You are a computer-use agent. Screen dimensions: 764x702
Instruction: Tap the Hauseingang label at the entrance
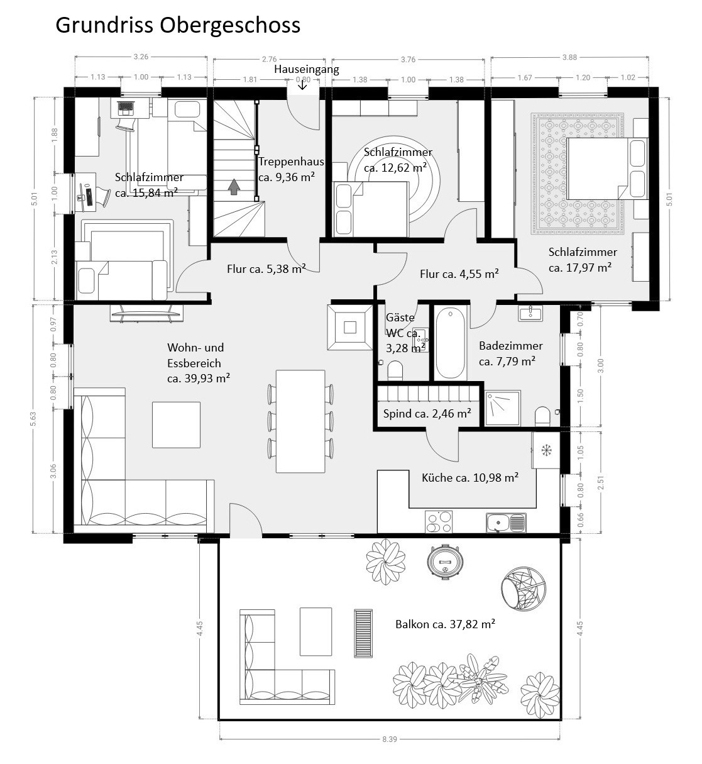click(x=306, y=69)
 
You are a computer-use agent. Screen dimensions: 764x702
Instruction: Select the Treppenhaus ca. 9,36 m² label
click(x=287, y=169)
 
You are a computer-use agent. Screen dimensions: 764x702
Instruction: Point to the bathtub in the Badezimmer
click(x=451, y=343)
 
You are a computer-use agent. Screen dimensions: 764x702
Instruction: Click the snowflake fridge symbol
click(x=545, y=450)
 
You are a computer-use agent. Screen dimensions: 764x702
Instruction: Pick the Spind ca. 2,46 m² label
click(x=427, y=413)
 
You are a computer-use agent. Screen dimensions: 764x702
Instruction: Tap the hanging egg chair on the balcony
click(x=519, y=587)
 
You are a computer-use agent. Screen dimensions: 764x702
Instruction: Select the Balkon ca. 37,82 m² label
click(x=445, y=624)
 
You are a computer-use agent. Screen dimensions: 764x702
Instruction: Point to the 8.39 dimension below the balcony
click(x=390, y=739)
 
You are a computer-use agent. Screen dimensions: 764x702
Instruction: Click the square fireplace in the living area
click(x=349, y=327)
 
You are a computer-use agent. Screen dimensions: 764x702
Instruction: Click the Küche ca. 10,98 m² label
click(x=470, y=478)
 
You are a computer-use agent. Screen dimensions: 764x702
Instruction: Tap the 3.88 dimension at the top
click(x=569, y=58)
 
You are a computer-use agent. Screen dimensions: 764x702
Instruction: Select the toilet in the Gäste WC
click(x=396, y=370)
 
